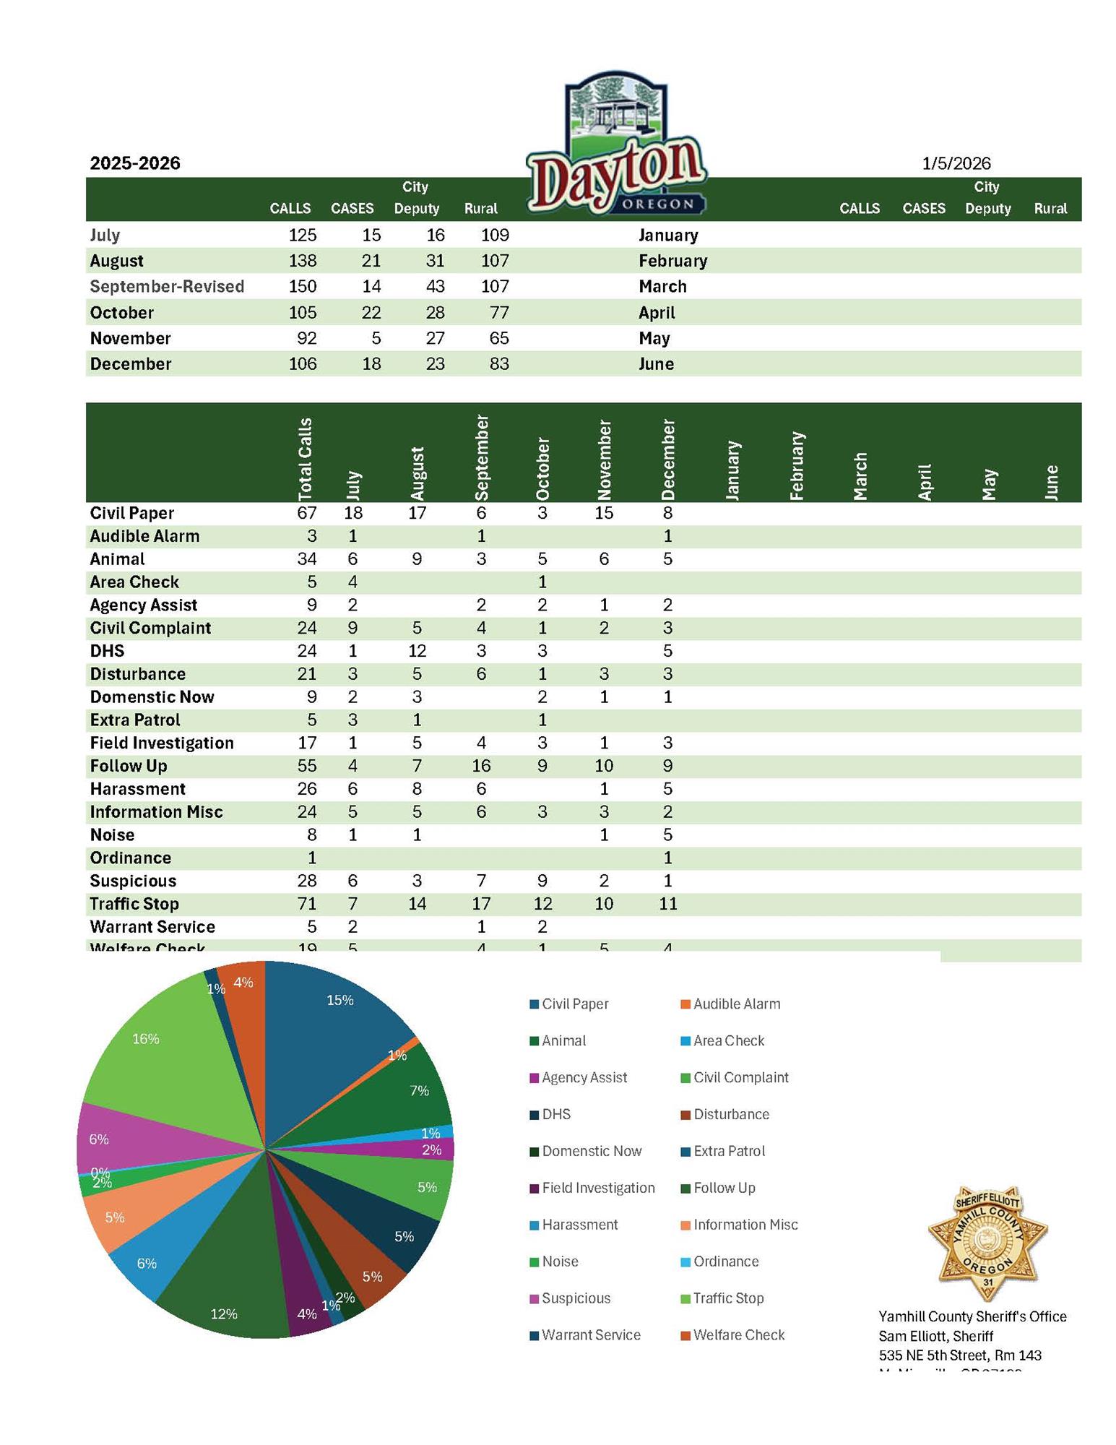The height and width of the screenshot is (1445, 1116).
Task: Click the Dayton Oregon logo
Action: (x=616, y=144)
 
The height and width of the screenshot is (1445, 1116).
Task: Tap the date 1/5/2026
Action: (x=956, y=163)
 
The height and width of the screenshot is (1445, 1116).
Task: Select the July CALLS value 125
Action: (x=302, y=235)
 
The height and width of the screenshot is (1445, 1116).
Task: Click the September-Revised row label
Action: (x=167, y=287)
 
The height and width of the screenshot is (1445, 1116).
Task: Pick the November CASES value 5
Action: (x=376, y=338)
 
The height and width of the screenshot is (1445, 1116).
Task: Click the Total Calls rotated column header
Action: (x=306, y=459)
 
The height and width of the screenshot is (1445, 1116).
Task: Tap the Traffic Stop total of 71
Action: (x=306, y=904)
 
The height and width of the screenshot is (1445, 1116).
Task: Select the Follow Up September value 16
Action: (x=481, y=766)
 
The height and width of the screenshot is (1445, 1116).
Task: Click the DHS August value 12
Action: (x=417, y=651)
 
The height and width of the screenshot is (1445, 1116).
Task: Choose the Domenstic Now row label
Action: (x=152, y=697)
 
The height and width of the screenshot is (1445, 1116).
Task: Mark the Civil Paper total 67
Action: (x=306, y=513)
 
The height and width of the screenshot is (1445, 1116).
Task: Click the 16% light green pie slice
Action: (x=166, y=1055)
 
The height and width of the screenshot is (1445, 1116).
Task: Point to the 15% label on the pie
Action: (x=340, y=1001)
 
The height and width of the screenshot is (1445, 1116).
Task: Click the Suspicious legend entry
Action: (x=576, y=1298)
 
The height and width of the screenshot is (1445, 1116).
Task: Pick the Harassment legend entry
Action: (x=579, y=1225)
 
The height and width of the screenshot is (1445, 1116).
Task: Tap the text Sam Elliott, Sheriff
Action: (x=935, y=1336)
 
